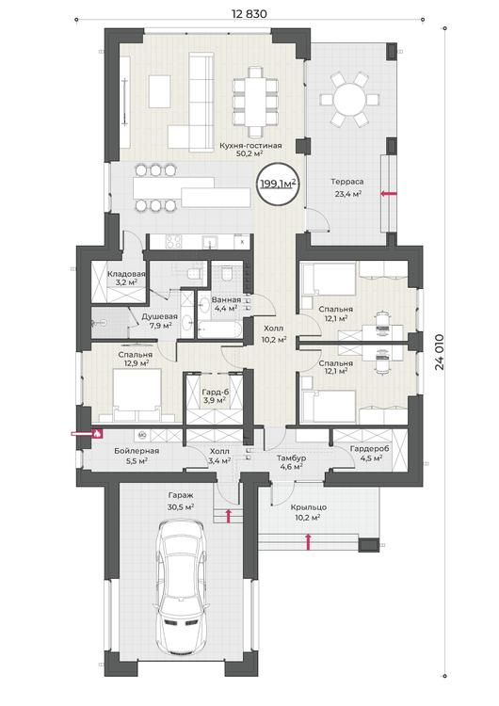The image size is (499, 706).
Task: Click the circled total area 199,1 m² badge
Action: [x=278, y=184]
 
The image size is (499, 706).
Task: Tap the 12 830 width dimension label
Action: [x=249, y=14]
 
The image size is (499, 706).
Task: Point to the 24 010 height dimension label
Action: [x=439, y=352]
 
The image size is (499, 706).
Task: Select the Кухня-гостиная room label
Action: [x=250, y=145]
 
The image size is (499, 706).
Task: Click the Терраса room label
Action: [x=346, y=182]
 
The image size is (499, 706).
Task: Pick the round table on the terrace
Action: [x=349, y=99]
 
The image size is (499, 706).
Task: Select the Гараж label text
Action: [x=181, y=495]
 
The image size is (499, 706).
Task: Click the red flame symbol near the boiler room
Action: [x=97, y=434]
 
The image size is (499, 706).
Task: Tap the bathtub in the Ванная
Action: [x=220, y=329]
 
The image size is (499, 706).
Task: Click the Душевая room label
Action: [x=159, y=316]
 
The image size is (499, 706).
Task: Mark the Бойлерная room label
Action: [x=137, y=451]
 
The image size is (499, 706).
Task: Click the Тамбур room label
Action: [x=291, y=457]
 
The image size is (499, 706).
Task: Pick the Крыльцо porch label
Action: [x=309, y=507]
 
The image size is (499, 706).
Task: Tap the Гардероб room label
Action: [x=370, y=448]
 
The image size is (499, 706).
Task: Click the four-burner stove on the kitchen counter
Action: [x=174, y=242]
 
